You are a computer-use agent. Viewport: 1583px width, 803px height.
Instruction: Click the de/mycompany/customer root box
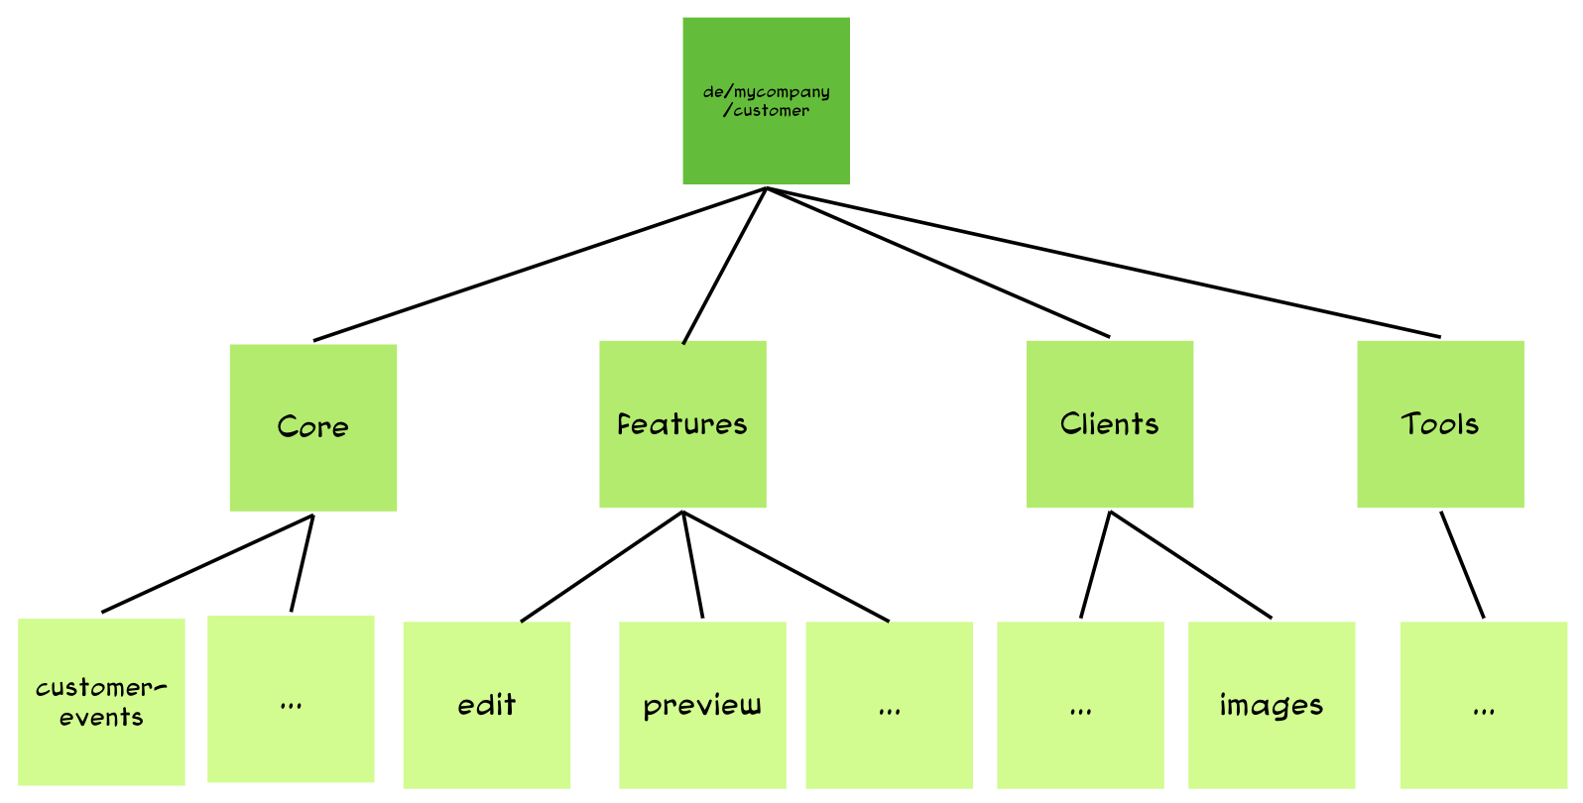766,100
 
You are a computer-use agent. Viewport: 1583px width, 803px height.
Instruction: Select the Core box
312,427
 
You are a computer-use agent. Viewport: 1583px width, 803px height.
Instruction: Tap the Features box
682,424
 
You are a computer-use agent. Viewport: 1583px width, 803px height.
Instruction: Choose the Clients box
1109,424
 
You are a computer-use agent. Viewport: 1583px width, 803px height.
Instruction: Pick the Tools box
1440,424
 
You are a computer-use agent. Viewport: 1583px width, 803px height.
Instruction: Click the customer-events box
101,702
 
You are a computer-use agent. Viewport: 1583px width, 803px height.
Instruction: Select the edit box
486,705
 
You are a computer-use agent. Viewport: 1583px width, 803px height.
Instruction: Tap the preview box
702,705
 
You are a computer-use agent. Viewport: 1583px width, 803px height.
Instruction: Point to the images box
1271,705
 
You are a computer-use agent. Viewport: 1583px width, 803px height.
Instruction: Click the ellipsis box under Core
291,699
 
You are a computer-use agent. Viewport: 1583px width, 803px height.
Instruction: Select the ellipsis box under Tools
1483,705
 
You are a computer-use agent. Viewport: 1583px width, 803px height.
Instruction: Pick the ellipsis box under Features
889,705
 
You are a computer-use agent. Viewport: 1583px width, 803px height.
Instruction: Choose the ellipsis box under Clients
1080,705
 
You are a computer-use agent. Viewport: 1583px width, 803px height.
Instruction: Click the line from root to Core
540,265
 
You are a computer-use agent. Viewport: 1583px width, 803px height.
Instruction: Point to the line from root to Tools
1103,263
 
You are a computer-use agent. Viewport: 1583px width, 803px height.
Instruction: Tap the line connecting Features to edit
602,567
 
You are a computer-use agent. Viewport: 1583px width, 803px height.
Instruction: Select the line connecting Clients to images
1190,565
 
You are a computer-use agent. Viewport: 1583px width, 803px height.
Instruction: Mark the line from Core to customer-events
207,563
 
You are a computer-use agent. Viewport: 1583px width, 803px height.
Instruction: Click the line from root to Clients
937,263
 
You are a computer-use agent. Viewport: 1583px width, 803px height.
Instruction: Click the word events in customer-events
101,718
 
